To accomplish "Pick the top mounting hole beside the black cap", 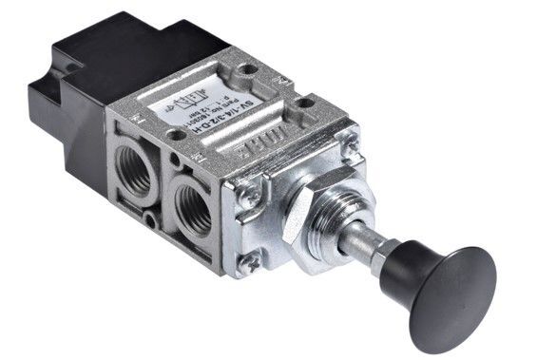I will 247,68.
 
